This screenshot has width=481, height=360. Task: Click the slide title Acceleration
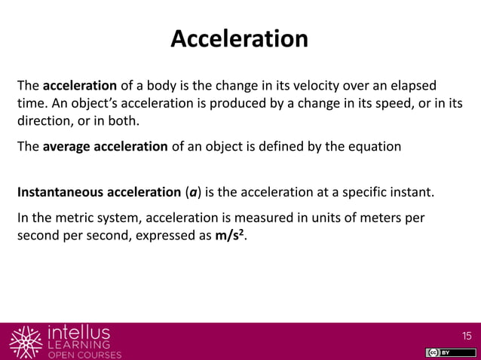click(x=240, y=38)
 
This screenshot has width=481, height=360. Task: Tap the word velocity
click(x=323, y=84)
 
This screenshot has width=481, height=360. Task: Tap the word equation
click(x=371, y=146)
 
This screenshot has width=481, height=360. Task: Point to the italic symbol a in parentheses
click(x=194, y=191)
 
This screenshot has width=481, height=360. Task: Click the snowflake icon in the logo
click(x=26, y=341)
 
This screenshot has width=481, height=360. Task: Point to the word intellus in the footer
click(x=78, y=331)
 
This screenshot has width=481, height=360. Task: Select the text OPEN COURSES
click(x=84, y=355)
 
